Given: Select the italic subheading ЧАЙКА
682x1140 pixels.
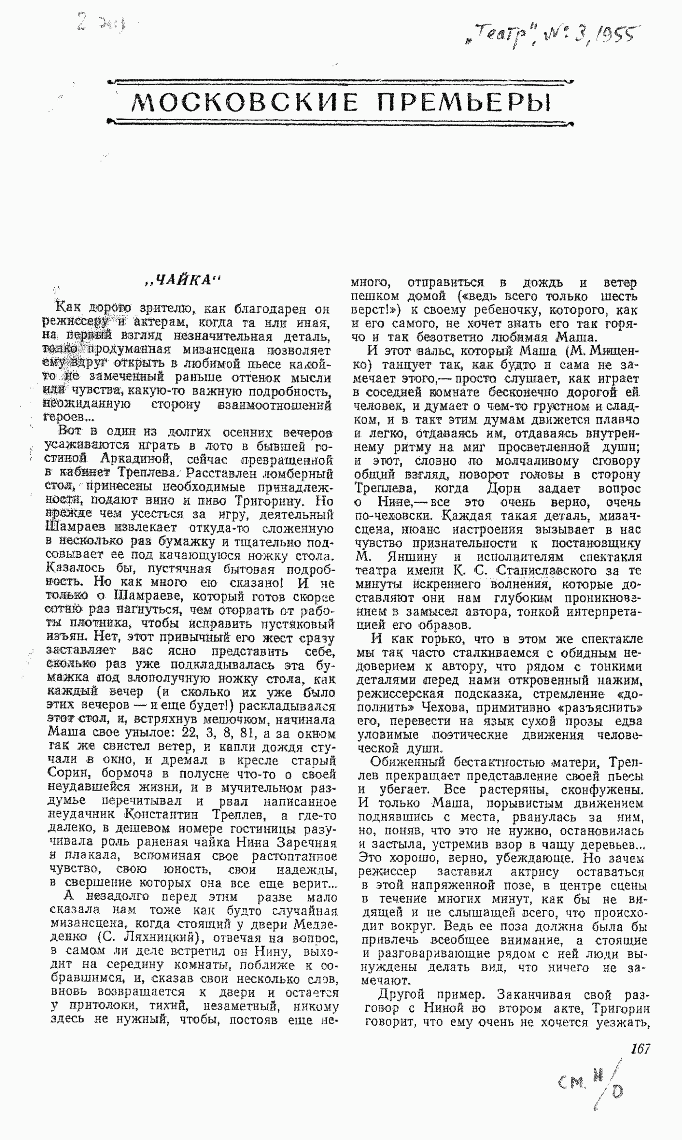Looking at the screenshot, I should [183, 280].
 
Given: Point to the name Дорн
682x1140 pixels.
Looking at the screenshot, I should [503, 488].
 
